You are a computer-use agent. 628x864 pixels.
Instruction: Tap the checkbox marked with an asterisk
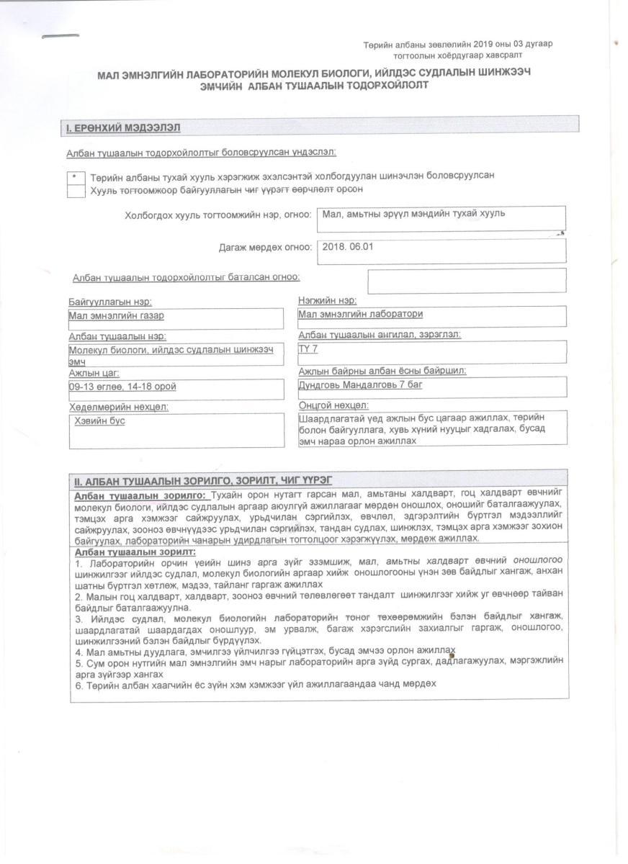pyautogui.click(x=75, y=177)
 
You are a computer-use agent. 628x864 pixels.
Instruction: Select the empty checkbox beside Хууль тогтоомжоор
pyautogui.click(x=75, y=191)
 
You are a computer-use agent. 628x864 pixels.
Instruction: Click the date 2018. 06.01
pyautogui.click(x=349, y=246)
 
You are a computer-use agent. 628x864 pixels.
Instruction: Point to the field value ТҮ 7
pyautogui.click(x=308, y=349)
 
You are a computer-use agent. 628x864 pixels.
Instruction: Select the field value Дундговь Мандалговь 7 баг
pyautogui.click(x=360, y=385)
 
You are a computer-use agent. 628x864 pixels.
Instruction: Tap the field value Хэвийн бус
pyautogui.click(x=100, y=420)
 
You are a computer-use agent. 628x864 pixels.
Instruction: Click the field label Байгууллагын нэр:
pyautogui.click(x=110, y=302)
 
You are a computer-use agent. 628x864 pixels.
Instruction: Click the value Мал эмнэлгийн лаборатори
pyautogui.click(x=361, y=314)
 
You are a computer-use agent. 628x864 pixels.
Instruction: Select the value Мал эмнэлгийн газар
pyautogui.click(x=112, y=315)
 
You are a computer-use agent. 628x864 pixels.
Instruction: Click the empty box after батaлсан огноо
pyautogui.click(x=466, y=281)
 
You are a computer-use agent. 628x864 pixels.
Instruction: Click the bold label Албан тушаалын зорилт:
pyautogui.click(x=135, y=552)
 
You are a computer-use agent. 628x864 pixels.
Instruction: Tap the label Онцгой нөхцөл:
pyautogui.click(x=333, y=405)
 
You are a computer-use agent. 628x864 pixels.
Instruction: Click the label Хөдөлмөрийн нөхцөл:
pyautogui.click(x=118, y=407)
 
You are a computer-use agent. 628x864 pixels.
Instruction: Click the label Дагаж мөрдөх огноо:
pyautogui.click(x=265, y=248)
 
